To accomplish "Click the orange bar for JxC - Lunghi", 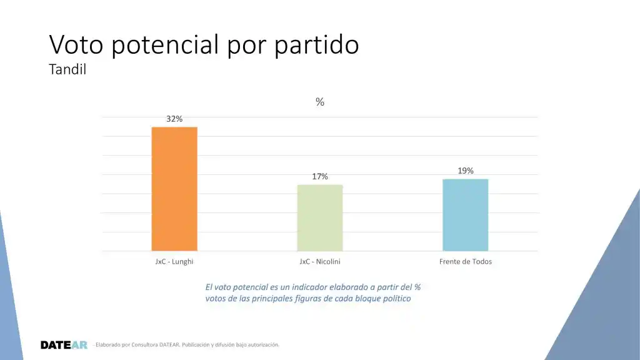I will (x=174, y=189).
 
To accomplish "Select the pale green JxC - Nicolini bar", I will (x=320, y=217).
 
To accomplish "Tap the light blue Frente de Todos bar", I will (x=465, y=215).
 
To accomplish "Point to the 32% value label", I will (x=174, y=119).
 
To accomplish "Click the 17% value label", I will (x=320, y=177).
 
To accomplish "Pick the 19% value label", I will (x=465, y=171).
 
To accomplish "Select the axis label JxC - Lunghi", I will (x=174, y=261).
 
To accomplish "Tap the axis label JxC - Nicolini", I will (x=320, y=261).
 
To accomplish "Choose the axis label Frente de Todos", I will (x=465, y=261).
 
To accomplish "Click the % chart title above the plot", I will (x=320, y=102).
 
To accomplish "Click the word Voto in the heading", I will (x=74, y=45).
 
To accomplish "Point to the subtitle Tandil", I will (x=67, y=70).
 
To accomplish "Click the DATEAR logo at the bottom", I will (x=64, y=345).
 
